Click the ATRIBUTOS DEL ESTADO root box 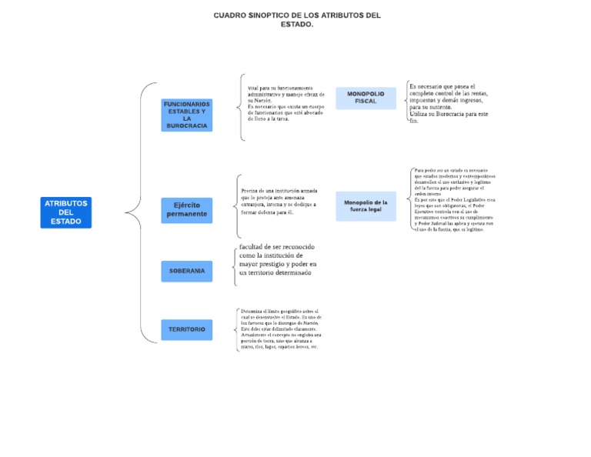tap(66, 212)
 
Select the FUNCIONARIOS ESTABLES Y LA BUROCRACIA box tap(187, 115)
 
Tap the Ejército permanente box tap(187, 209)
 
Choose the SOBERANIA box tap(187, 271)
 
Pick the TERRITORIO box tap(187, 329)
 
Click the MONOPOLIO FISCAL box tap(366, 98)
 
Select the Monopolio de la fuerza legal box tap(366, 206)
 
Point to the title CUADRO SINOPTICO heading tap(297, 15)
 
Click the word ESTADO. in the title tap(297, 25)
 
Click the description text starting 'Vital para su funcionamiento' tap(285, 103)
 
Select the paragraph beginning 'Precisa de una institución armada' tap(279, 201)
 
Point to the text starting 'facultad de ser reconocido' tap(278, 259)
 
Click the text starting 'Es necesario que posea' tap(449, 103)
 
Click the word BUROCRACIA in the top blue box tap(187, 125)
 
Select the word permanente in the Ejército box tap(187, 214)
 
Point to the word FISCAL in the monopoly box tap(366, 102)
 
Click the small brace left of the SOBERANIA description tap(235, 265)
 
